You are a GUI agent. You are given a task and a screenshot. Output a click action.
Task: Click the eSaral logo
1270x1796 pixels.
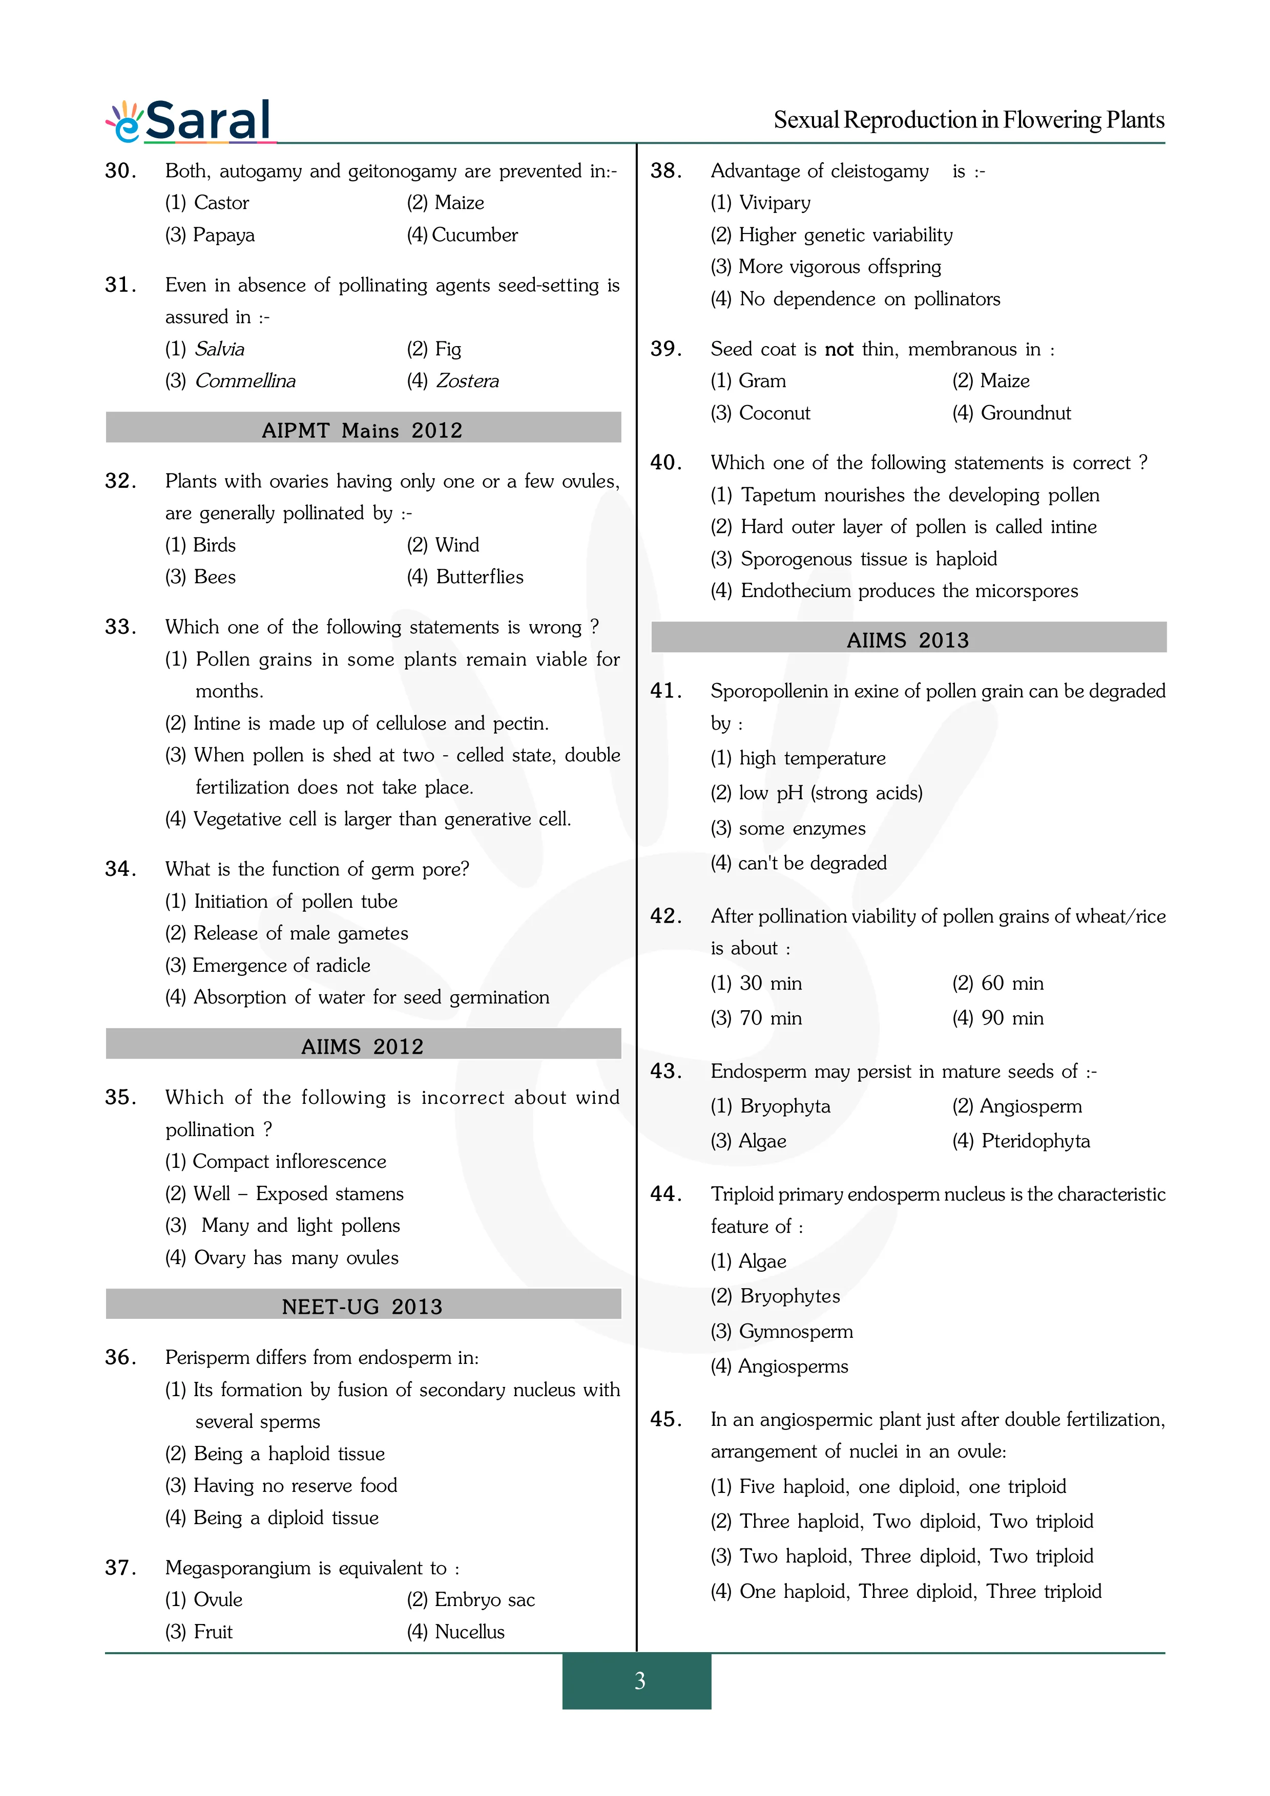click(x=190, y=121)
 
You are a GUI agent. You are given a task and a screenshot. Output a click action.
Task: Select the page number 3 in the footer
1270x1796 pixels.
click(x=639, y=1680)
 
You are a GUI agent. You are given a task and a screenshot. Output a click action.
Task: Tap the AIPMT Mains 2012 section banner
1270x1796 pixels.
click(x=362, y=430)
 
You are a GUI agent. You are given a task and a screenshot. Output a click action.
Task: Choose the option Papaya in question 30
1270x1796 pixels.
click(x=210, y=234)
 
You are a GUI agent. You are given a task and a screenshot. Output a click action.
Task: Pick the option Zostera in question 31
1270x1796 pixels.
click(x=453, y=381)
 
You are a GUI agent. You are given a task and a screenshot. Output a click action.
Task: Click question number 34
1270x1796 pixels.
click(x=120, y=869)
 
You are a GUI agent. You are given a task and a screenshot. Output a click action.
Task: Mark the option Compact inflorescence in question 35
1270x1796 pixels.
click(x=276, y=1161)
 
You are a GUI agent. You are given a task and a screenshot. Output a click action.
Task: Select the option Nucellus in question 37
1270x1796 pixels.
click(x=455, y=1631)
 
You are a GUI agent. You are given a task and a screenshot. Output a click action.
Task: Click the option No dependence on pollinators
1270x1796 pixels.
click(x=855, y=299)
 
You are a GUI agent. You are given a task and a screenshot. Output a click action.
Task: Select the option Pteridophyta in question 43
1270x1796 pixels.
click(x=1021, y=1141)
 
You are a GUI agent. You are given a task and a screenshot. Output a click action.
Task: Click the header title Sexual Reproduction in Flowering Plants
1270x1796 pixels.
click(x=969, y=120)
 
